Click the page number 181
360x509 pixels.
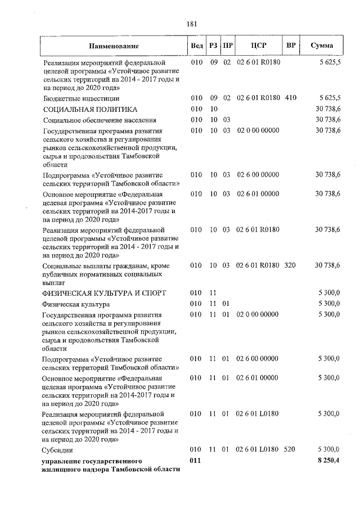(x=191, y=24)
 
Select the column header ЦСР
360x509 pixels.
(x=258, y=46)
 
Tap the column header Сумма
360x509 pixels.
(x=322, y=46)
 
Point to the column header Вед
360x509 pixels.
(x=197, y=46)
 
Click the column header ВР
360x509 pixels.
(x=291, y=46)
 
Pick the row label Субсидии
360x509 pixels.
(x=58, y=451)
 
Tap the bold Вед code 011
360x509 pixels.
(x=196, y=460)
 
